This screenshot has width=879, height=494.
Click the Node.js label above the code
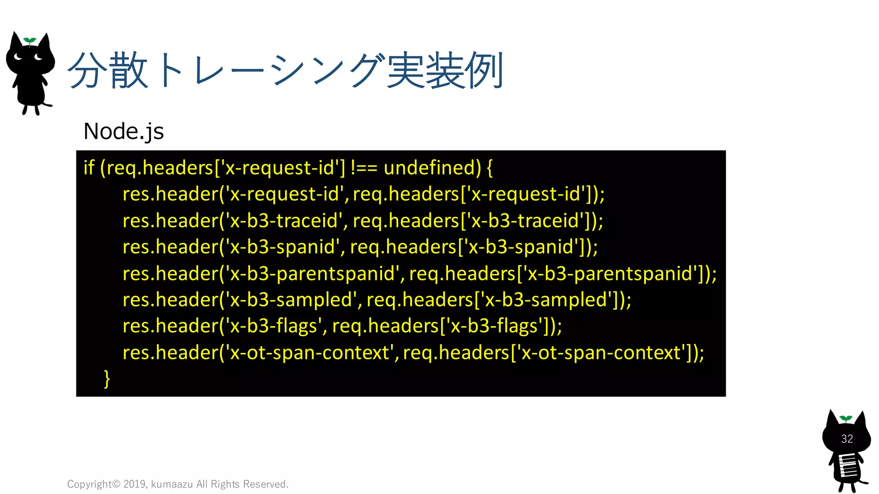(124, 131)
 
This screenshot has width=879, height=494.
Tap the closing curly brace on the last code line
(107, 379)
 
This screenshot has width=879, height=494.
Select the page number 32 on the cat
(847, 439)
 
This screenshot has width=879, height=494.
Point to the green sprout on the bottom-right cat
(846, 419)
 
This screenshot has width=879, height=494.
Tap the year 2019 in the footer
(134, 484)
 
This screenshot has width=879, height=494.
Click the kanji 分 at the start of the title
(87, 71)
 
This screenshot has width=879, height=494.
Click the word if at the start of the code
(89, 168)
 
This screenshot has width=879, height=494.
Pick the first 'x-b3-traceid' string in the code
(284, 221)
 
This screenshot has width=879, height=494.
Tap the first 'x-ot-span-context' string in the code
(309, 352)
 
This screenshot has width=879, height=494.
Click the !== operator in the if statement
(364, 168)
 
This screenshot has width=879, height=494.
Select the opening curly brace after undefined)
(490, 168)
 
